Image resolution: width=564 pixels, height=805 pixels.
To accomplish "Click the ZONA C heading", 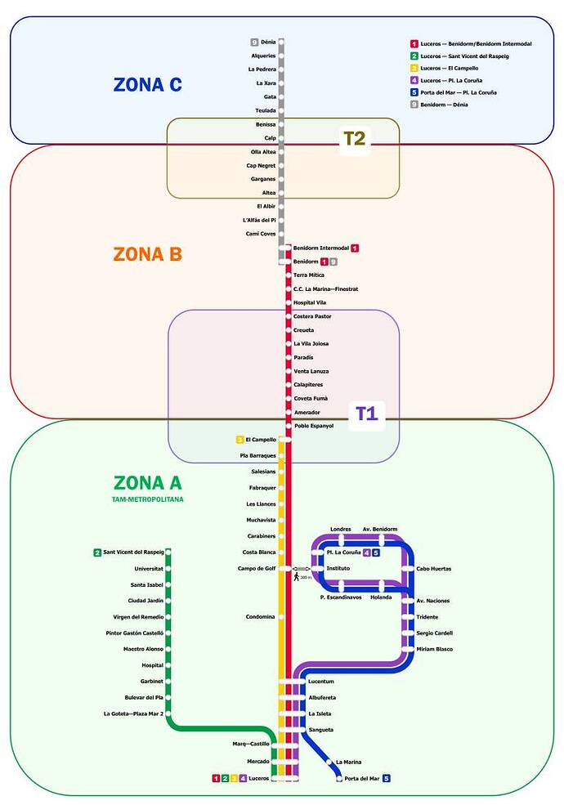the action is coord(147,85).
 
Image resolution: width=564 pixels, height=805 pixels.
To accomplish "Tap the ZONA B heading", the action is coord(147,254).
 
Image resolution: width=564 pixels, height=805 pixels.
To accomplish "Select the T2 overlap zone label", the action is coord(355,138).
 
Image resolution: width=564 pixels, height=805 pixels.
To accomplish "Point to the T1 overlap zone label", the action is coord(367,414).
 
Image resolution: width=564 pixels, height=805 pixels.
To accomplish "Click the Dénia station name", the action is coord(268,42).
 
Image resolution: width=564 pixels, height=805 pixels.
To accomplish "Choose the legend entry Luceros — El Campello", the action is coord(445,69).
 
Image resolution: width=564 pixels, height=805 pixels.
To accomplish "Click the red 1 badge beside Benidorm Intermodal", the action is coord(355,248).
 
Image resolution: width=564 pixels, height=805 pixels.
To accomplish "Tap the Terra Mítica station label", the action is coord(309,275).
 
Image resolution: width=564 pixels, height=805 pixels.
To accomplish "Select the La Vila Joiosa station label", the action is coord(311,343).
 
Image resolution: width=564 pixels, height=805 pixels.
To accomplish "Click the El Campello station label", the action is coord(261,440).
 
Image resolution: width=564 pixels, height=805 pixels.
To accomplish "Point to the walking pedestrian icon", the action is coord(297,577).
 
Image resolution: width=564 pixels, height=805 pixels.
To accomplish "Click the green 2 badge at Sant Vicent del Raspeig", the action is coord(97,552).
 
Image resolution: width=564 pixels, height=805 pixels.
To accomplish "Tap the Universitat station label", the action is coord(149,569).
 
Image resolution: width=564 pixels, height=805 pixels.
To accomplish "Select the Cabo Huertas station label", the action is coord(434,569).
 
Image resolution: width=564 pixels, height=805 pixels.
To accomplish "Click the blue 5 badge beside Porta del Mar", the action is coord(387,778).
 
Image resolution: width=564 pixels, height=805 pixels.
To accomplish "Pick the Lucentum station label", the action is coord(321,682).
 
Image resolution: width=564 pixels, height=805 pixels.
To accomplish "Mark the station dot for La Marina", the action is coord(329,763).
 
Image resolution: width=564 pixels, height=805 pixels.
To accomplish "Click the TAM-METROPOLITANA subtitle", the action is coord(147,499).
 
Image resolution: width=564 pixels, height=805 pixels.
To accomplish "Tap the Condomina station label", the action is coord(261,616).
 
